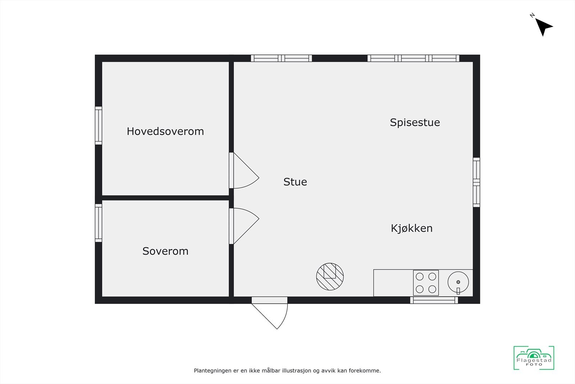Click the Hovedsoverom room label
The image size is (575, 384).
(165, 131)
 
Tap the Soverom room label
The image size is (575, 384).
(165, 251)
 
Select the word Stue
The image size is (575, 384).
(295, 182)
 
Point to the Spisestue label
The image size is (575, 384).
(415, 122)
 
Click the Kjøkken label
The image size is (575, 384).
(411, 228)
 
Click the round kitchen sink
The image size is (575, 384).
(458, 282)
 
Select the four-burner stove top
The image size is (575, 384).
(426, 283)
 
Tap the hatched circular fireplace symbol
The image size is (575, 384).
(330, 276)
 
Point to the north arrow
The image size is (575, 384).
(543, 26)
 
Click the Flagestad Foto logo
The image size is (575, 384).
(534, 358)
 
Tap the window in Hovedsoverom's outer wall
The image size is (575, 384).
(98, 126)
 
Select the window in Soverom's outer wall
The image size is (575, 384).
(98, 223)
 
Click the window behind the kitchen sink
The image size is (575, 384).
(434, 300)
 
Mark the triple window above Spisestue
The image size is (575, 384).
(413, 58)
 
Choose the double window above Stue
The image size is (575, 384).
(281, 58)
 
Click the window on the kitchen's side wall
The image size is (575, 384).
(476, 182)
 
